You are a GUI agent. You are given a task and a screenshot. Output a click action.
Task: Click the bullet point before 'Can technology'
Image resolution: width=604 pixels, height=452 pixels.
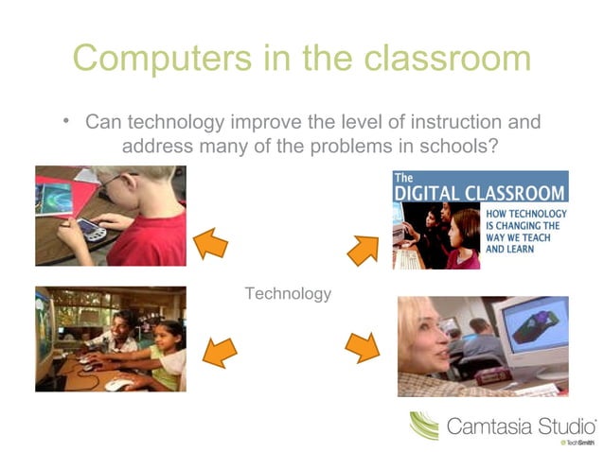point(66,120)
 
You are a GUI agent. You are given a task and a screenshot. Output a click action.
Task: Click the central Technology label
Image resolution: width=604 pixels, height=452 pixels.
point(288,293)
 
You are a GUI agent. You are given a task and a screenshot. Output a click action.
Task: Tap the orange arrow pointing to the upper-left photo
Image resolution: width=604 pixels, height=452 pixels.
point(210,244)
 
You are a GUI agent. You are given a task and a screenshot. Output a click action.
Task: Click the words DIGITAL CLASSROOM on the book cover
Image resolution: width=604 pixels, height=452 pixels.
point(480,193)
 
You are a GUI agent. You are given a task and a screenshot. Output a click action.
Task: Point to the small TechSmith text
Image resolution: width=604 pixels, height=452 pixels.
point(577,443)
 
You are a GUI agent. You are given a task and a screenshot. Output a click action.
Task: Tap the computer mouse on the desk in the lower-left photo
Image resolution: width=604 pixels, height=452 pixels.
point(118,384)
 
